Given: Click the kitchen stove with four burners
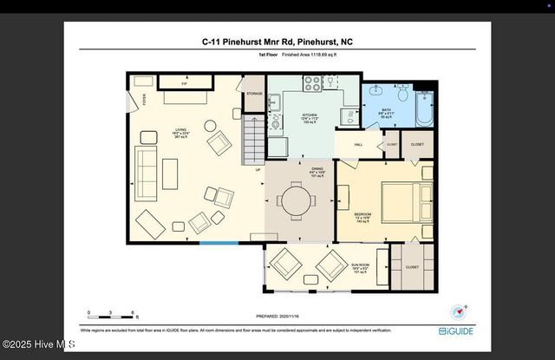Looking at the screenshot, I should pos(312,83).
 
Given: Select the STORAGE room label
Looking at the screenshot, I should pos(254,93).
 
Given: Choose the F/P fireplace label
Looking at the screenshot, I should pos(184,84).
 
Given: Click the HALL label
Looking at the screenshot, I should pos(357,145).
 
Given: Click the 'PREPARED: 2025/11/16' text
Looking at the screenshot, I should pos(277,317).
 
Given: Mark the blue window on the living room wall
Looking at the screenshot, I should pos(219,243).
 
